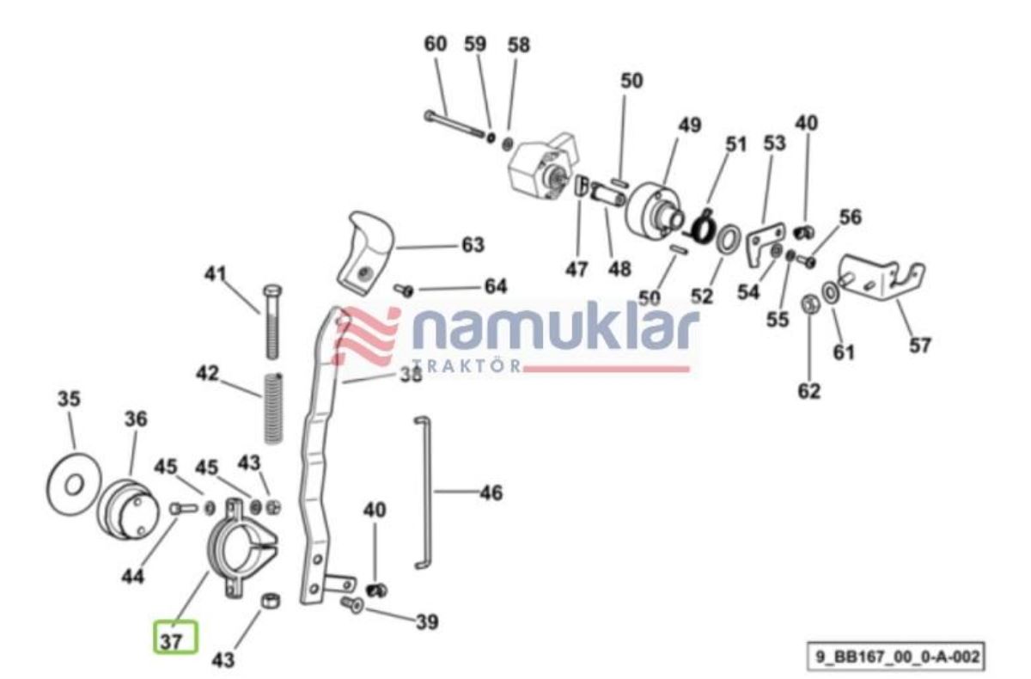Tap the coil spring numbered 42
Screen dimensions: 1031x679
pos(274,408)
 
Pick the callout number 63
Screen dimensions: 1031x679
pos(473,245)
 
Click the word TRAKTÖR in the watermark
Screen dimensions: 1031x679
pos(467,366)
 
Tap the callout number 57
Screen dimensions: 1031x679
pos(919,345)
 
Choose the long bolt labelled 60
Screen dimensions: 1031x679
pos(454,123)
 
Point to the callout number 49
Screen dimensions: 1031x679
pos(690,125)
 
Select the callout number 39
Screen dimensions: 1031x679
pos(427,622)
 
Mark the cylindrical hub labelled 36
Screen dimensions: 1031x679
pos(128,509)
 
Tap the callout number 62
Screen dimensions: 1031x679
pos(809,391)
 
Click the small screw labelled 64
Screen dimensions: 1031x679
pos(404,291)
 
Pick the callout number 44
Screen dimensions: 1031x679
pos(133,576)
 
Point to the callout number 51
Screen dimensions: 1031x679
pos(736,144)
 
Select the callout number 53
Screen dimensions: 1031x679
pos(775,144)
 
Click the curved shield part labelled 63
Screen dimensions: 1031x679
pos(366,254)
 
